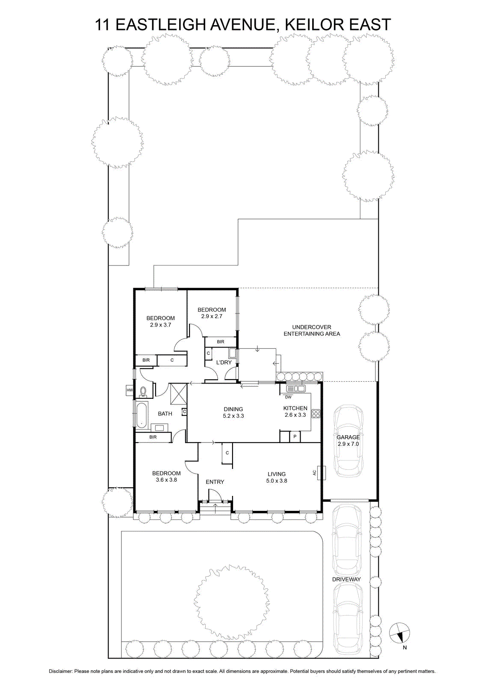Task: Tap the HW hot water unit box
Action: pos(130,390)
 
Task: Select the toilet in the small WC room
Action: pos(143,392)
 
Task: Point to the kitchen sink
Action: pos(296,389)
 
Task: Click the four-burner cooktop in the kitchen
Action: pos(316,413)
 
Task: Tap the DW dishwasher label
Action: pos(288,397)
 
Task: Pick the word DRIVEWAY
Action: pos(347,579)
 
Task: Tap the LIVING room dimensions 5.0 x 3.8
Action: pos(277,481)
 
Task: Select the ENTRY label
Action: pos(215,482)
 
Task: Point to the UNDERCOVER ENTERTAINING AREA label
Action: pos(312,330)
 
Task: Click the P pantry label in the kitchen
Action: pos(295,436)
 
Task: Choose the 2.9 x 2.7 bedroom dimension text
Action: pos(212,316)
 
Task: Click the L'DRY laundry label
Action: pos(224,363)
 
